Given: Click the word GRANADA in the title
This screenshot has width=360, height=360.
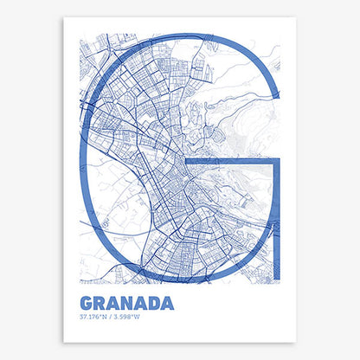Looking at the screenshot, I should click(x=126, y=304).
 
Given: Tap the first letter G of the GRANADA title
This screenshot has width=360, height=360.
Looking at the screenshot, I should click(x=87, y=304).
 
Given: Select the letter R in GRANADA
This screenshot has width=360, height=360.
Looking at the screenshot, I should click(x=100, y=304).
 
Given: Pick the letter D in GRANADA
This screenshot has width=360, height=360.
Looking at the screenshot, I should click(x=153, y=304).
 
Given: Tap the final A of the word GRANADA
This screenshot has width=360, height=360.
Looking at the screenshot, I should click(x=167, y=304).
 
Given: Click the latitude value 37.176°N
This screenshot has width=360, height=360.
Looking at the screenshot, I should click(x=93, y=318).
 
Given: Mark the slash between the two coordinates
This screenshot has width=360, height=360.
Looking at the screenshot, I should click(x=108, y=318).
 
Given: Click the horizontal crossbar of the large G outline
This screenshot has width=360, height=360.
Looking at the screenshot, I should click(x=234, y=162).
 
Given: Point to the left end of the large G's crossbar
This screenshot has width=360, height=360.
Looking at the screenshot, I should click(x=190, y=162).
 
